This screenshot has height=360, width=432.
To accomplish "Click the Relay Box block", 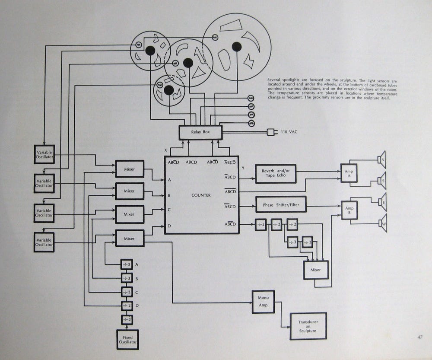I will (200, 132).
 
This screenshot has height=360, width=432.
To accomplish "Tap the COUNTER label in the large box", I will (201, 195).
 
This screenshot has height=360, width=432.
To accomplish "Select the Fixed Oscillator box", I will (127, 339).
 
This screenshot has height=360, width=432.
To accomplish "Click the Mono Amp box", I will (263, 302).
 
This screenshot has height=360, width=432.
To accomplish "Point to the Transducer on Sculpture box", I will (308, 326).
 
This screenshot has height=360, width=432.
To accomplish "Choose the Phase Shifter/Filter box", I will (281, 204).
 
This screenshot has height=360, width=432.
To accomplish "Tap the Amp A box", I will (349, 174).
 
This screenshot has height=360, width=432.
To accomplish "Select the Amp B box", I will (349, 211).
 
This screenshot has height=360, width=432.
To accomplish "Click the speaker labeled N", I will (382, 160).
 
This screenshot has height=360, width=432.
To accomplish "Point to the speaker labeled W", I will (382, 223).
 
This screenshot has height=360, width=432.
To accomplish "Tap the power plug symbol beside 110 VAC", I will (272, 132).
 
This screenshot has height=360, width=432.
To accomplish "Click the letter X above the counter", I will (165, 150).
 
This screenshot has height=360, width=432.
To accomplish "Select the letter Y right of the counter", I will (243, 168).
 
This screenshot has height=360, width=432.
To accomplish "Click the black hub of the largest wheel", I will (236, 46).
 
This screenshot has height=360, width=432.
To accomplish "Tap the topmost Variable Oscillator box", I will (44, 154).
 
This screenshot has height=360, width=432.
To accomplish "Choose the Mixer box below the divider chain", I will (316, 270).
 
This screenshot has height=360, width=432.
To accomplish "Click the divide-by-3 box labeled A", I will (127, 264).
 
